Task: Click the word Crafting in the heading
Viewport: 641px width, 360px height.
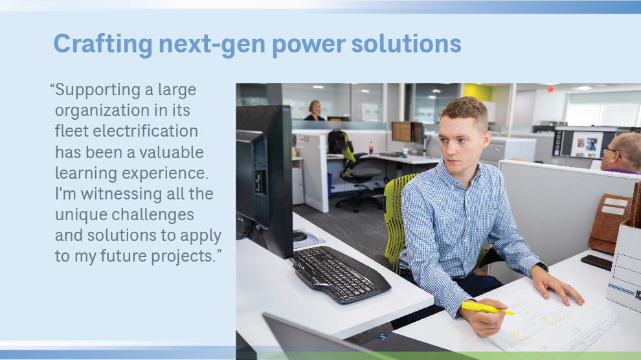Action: [x=103, y=45]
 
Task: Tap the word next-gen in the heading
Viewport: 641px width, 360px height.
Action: [x=212, y=45]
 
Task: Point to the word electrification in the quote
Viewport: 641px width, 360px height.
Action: [x=145, y=131]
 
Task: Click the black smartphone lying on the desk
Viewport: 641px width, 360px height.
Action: [x=597, y=262]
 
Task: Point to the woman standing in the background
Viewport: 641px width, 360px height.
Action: [x=315, y=111]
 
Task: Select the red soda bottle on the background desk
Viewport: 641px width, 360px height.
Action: [x=371, y=148]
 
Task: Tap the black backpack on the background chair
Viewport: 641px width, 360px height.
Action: [x=339, y=142]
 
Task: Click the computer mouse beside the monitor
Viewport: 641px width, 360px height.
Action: [x=300, y=236]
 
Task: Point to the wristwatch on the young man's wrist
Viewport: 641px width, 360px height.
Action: [x=542, y=266]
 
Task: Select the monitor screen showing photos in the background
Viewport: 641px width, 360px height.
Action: [x=586, y=143]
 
